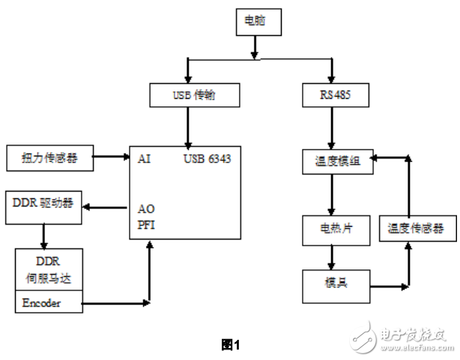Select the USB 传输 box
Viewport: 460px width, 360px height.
(195, 96)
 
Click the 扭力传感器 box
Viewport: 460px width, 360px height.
(51, 158)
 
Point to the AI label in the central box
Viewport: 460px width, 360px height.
(145, 159)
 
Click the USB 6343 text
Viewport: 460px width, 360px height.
(210, 159)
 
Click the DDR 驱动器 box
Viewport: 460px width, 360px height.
(43, 204)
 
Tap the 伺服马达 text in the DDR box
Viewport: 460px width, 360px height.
(49, 278)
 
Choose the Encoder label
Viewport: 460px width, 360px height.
(43, 303)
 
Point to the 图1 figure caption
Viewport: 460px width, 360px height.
(229, 344)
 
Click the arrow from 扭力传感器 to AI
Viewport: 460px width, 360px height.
(113, 158)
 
